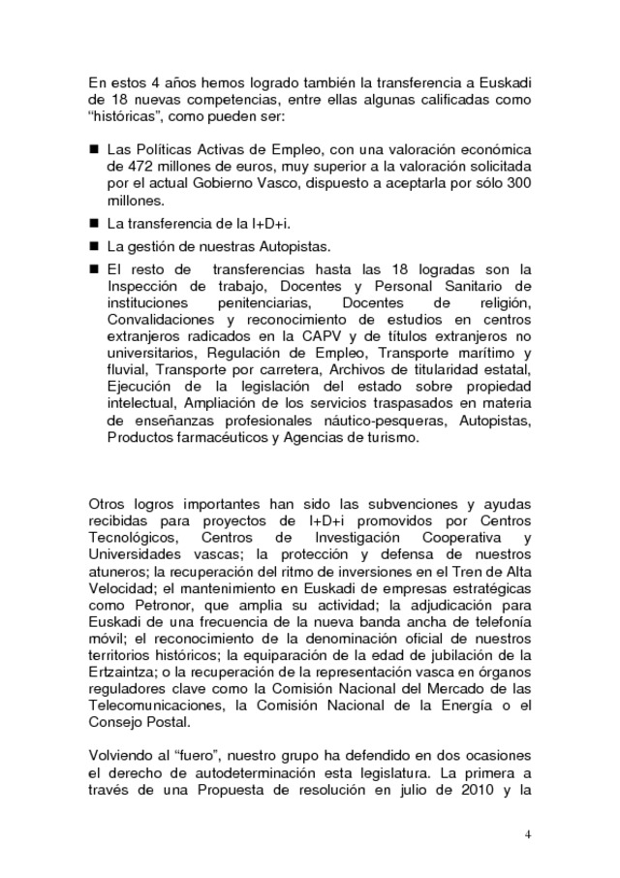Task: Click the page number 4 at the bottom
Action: pyautogui.click(x=528, y=833)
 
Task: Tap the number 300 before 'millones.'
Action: pyautogui.click(x=520, y=184)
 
